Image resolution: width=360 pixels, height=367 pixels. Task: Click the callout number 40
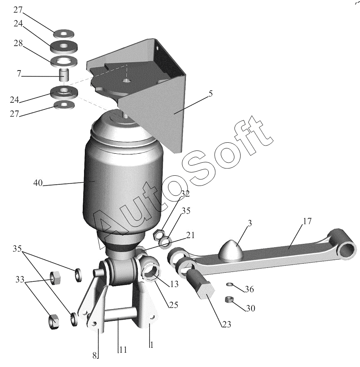(38, 183)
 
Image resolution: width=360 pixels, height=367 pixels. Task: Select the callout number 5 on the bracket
(210, 93)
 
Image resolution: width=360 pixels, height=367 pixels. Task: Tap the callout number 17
(307, 221)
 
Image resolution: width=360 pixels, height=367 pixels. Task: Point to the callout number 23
(226, 324)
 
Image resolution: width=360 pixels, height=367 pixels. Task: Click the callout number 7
(18, 74)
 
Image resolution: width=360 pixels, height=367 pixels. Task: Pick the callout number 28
(18, 44)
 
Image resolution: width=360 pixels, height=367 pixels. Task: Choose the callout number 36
(249, 290)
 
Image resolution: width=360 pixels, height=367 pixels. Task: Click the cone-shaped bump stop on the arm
(230, 249)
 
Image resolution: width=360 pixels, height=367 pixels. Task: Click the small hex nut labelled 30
(229, 300)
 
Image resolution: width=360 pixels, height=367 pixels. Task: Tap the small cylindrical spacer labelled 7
(64, 75)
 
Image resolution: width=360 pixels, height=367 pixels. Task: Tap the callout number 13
(174, 285)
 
